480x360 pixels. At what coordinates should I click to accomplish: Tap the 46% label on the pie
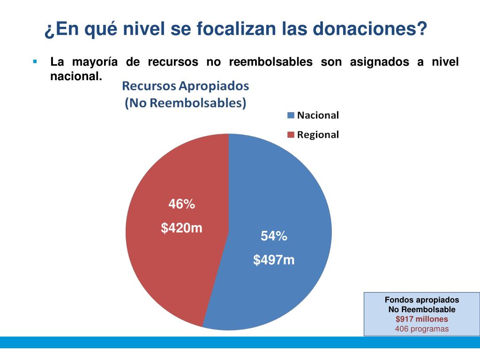pyautogui.click(x=182, y=204)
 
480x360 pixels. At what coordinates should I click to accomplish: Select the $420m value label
pyautogui.click(x=182, y=228)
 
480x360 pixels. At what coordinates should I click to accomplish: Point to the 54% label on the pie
pyautogui.click(x=274, y=237)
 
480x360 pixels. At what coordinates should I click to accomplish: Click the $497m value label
pyautogui.click(x=274, y=260)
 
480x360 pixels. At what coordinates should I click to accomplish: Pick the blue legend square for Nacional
pyautogui.click(x=291, y=115)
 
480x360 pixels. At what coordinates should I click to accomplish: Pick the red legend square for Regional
pyautogui.click(x=291, y=135)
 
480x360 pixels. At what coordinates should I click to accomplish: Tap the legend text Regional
pyautogui.click(x=318, y=135)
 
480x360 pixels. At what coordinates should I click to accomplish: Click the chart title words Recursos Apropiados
pyautogui.click(x=186, y=86)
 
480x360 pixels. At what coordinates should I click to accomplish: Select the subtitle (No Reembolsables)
pyautogui.click(x=186, y=103)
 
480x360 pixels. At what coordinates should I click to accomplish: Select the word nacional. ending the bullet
pyautogui.click(x=76, y=76)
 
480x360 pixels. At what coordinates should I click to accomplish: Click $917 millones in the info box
pyautogui.click(x=422, y=319)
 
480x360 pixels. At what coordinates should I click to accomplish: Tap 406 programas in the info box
pyautogui.click(x=422, y=329)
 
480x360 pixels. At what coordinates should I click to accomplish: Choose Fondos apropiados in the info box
pyautogui.click(x=422, y=300)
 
